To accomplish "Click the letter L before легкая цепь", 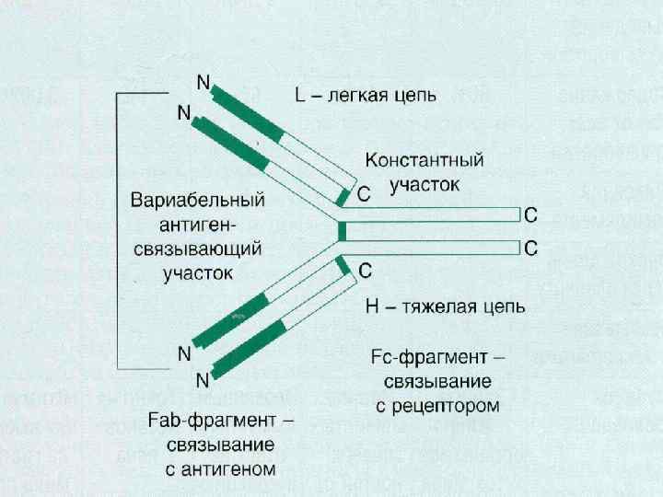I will click(x=300, y=95).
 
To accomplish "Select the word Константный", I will click(x=425, y=160).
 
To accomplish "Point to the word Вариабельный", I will click(x=198, y=200).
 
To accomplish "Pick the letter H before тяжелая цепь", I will click(x=371, y=307).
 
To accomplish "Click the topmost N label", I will click(x=203, y=82).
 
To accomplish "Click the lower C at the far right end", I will click(x=530, y=248).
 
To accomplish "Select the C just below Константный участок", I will click(x=364, y=193).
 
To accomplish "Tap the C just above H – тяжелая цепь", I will click(x=364, y=271).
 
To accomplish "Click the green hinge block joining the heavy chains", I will click(x=342, y=231).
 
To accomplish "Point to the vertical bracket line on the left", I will click(x=116, y=230).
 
